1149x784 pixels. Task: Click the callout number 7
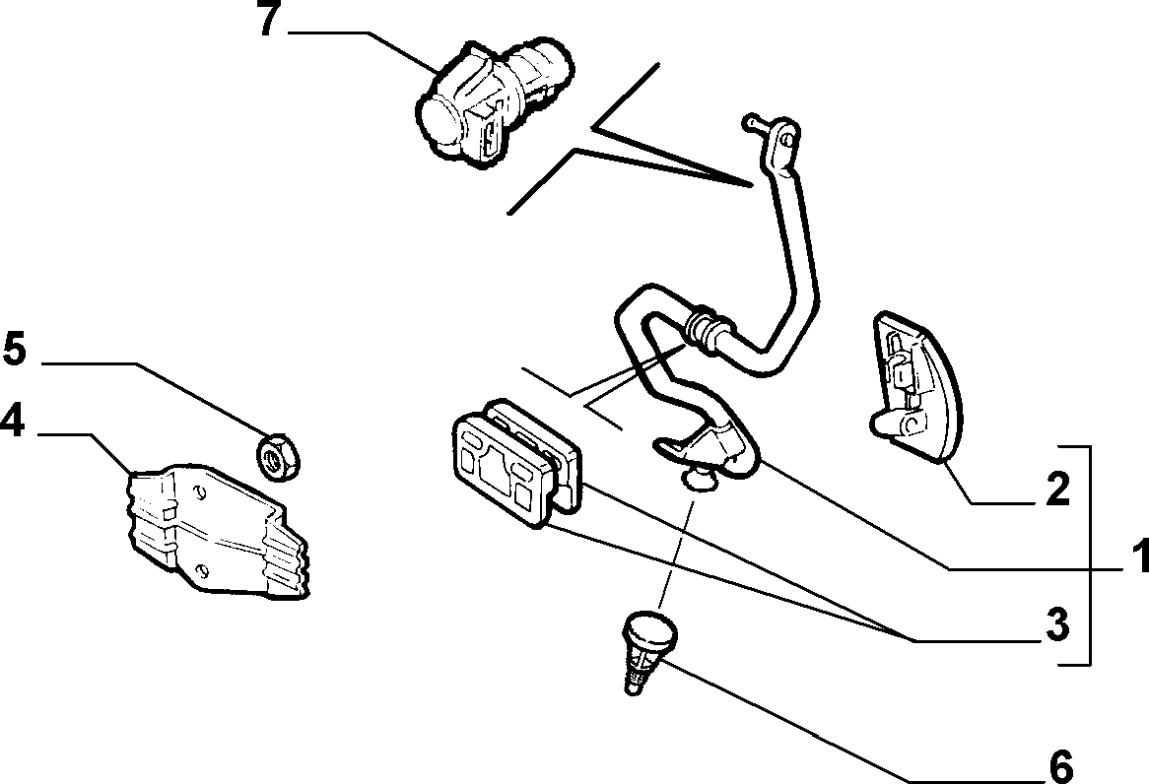pyautogui.click(x=269, y=20)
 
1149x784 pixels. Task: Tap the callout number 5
pyautogui.click(x=14, y=349)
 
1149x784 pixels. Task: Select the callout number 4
pyautogui.click(x=13, y=422)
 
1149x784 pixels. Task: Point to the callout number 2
pyautogui.click(x=1057, y=490)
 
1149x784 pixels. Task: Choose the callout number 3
pyautogui.click(x=1057, y=625)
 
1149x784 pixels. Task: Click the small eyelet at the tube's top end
pyautogui.click(x=785, y=137)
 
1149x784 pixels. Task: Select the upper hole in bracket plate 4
pyautogui.click(x=199, y=490)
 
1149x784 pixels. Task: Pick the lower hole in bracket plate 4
pyautogui.click(x=203, y=570)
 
